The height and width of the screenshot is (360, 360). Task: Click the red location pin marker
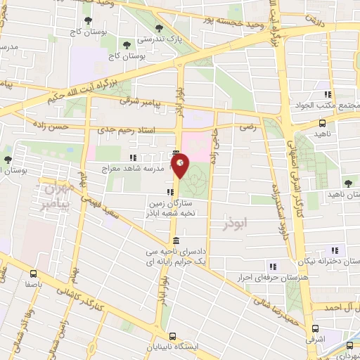point(181,165)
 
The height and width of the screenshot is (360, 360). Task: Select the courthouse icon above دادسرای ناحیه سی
point(175,241)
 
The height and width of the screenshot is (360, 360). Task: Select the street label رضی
point(247,127)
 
